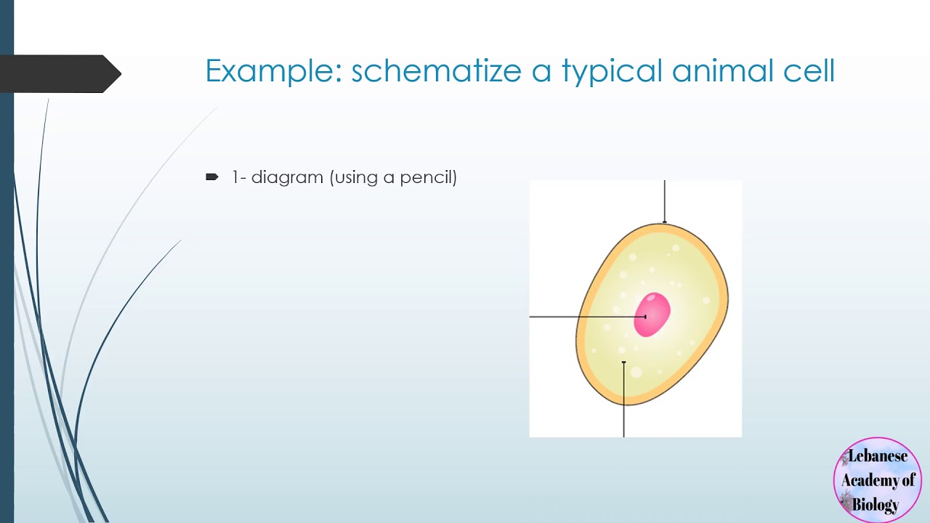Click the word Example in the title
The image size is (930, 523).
coord(272,71)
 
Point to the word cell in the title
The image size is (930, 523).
coord(807,71)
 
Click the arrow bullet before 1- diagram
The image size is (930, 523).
coord(211,177)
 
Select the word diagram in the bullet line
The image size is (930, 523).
coord(287,177)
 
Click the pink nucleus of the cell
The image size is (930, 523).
coord(652,315)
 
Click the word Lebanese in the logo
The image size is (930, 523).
coord(878,456)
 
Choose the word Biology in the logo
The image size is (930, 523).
coord(876,504)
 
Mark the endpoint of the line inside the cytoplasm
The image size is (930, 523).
coord(624,362)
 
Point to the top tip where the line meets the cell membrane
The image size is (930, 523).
coord(664,223)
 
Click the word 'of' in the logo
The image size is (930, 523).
coord(908,480)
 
